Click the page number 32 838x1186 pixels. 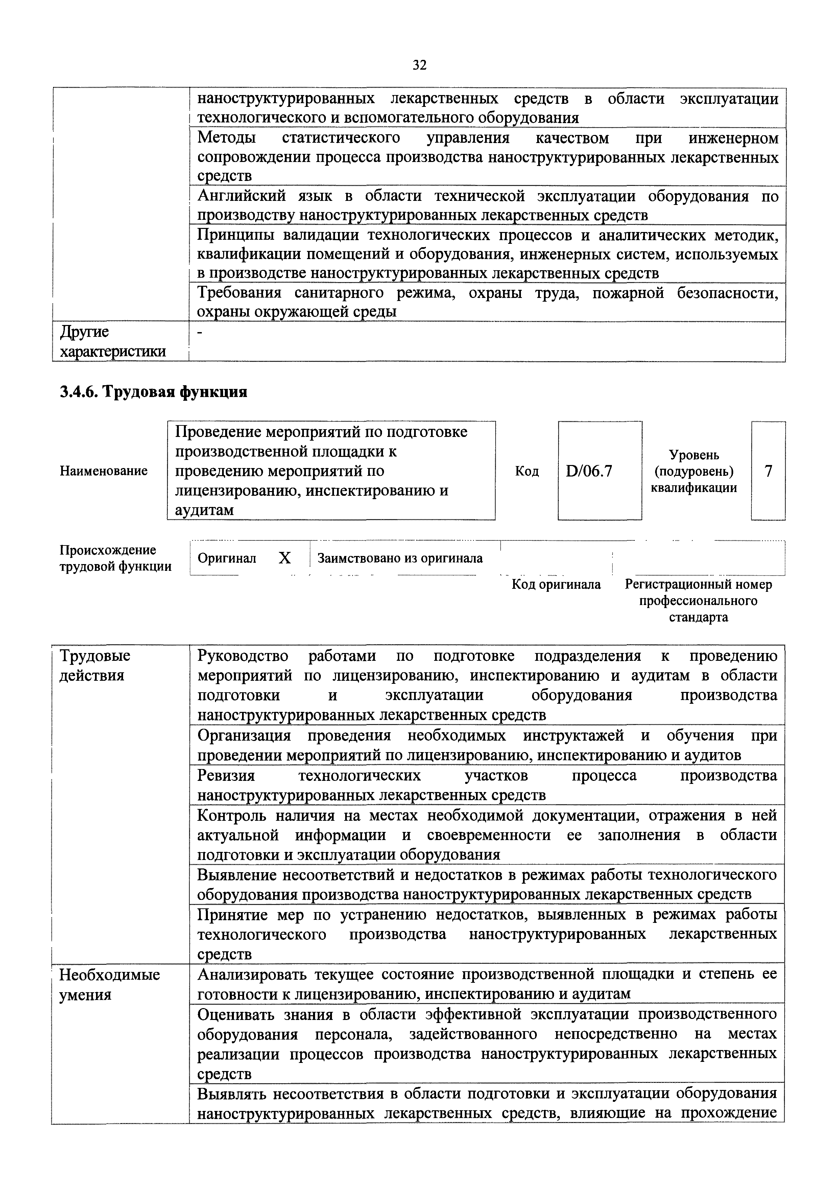pos(419,65)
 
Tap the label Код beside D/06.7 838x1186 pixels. pos(527,471)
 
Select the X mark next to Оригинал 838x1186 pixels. pos(285,558)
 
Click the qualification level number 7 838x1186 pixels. pos(768,471)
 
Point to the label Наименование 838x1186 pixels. pos(104,471)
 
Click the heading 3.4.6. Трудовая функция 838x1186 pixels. pos(154,392)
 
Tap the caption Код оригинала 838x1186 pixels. pos(556,584)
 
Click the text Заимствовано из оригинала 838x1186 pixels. pos(400,558)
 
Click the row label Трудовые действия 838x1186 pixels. pos(95,665)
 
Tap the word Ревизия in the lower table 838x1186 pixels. pos(226,775)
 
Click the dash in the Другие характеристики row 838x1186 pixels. pos(201,332)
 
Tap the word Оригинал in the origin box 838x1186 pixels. pos(227,558)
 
